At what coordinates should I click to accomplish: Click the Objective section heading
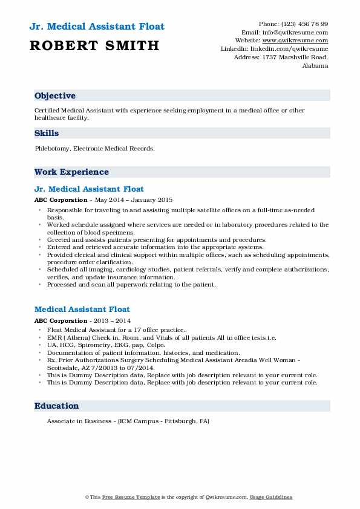coord(55,96)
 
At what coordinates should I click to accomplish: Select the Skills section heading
coord(47,134)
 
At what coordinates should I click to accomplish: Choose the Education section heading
coord(56,406)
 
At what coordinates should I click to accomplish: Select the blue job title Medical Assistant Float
coord(82,310)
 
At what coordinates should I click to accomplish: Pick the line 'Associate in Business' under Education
coord(128,421)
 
